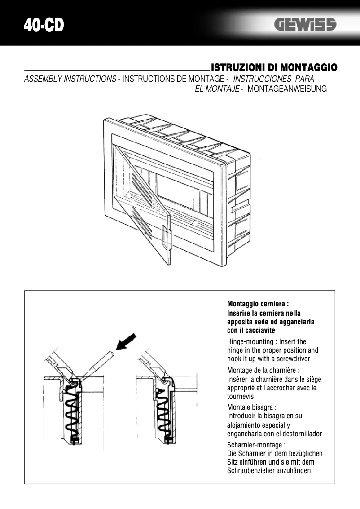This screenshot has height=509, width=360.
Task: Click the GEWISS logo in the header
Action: pyautogui.click(x=305, y=25)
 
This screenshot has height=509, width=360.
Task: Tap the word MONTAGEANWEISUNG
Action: pyautogui.click(x=287, y=89)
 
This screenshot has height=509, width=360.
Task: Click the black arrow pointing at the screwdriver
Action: pyautogui.click(x=127, y=341)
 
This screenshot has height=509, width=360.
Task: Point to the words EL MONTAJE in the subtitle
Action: pyautogui.click(x=217, y=89)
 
